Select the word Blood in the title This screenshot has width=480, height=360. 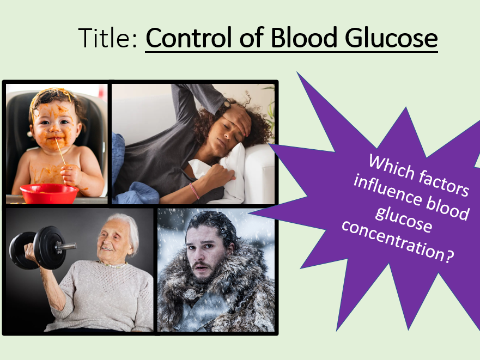304,38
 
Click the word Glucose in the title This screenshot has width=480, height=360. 391,38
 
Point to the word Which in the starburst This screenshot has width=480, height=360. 391,167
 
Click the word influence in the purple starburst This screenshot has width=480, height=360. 387,191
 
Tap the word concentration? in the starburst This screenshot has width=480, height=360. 398,242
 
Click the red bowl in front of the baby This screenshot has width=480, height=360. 49,193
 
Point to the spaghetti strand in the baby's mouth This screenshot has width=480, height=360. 60,151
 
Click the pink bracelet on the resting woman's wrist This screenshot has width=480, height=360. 194,191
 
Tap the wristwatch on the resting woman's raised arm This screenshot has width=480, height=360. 227,104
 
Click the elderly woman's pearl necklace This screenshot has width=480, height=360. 112,265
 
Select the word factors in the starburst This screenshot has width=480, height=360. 444,183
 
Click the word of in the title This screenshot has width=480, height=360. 252,38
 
